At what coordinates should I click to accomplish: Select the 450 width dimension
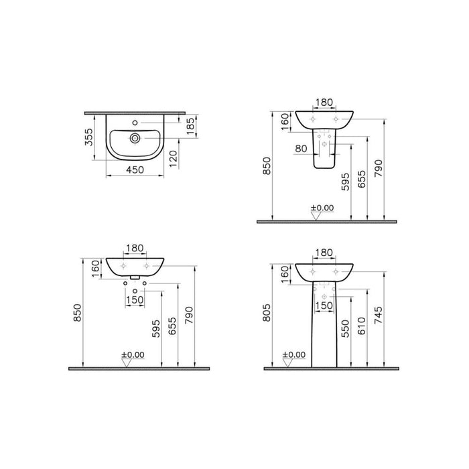point(136,170)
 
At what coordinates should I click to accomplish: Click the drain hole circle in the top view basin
point(135,139)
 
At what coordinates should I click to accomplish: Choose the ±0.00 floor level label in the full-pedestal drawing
point(293,354)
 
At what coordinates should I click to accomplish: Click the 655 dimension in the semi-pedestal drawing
point(361,180)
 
